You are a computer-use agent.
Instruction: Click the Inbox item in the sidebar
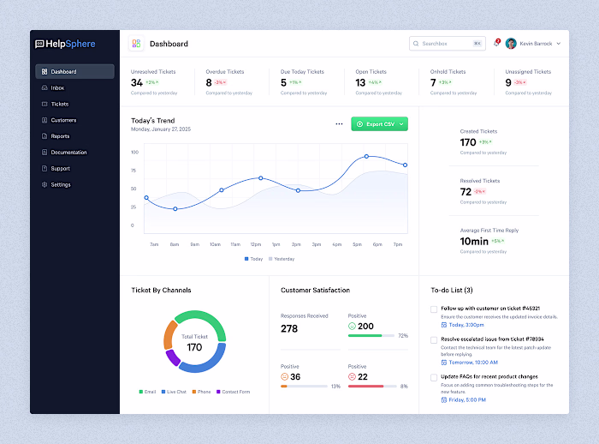tap(57, 87)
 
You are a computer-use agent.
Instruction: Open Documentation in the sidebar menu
tap(68, 153)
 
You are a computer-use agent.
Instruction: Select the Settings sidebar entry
tap(60, 185)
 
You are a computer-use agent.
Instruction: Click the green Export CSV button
tap(379, 124)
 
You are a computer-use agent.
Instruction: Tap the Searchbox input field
tap(445, 43)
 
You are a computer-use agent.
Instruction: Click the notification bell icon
tap(495, 43)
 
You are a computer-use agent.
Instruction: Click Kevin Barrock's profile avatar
tap(511, 43)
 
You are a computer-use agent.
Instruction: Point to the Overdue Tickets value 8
tap(209, 83)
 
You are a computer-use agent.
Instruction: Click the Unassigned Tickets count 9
tap(508, 83)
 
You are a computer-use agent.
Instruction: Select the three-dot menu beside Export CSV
tap(339, 124)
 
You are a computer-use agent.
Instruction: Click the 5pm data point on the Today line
tap(366, 157)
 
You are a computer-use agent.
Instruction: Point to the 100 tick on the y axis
tap(134, 152)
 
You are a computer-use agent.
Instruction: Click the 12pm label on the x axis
tap(255, 244)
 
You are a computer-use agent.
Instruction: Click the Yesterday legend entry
tap(282, 258)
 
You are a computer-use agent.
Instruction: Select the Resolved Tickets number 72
tap(466, 192)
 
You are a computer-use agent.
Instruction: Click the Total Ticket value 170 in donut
tap(194, 347)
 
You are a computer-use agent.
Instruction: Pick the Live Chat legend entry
tap(175, 392)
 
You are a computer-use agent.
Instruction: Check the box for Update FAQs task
tap(434, 377)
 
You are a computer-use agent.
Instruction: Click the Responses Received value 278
tap(289, 328)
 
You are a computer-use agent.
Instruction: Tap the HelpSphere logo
tap(66, 44)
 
